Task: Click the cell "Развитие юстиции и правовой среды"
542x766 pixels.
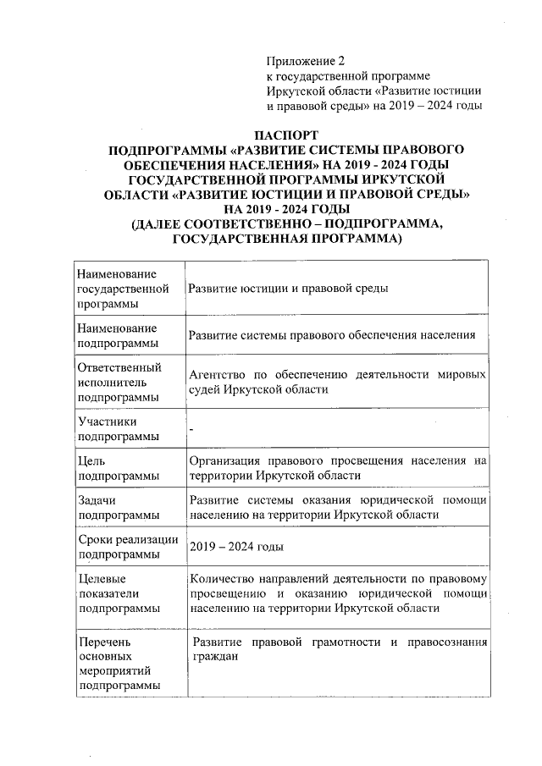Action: click(x=288, y=289)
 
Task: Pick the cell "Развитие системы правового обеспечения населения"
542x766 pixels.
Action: click(x=332, y=335)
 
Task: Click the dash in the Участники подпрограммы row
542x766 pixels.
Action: click(x=192, y=430)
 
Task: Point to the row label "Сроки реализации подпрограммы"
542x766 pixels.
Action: click(x=127, y=547)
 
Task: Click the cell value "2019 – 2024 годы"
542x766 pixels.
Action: click(x=236, y=548)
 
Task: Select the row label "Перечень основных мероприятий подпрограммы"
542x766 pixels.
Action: click(x=118, y=664)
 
